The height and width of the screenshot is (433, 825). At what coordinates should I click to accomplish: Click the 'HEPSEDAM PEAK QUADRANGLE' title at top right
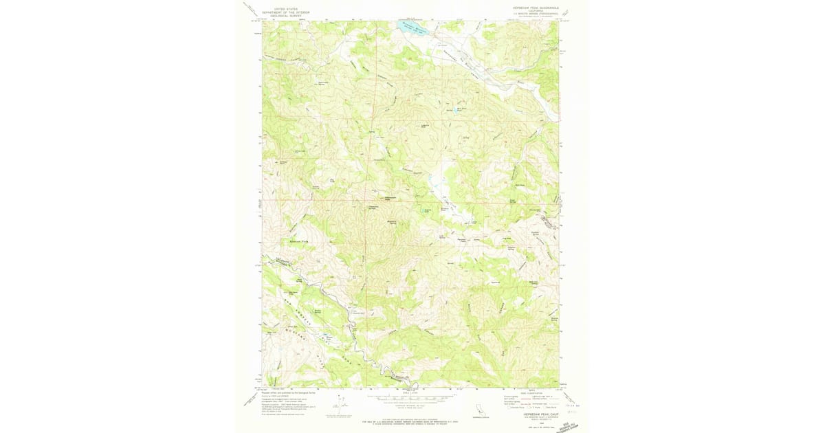pyautogui.click(x=536, y=8)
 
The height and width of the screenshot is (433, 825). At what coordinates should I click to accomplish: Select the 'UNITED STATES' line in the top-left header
pyautogui.click(x=287, y=8)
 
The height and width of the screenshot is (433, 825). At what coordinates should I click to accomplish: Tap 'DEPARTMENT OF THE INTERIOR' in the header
pyautogui.click(x=287, y=12)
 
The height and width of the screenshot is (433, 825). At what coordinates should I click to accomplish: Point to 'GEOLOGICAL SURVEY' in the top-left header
pyautogui.click(x=287, y=15)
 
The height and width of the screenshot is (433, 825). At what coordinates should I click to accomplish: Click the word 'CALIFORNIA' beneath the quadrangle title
pyautogui.click(x=536, y=12)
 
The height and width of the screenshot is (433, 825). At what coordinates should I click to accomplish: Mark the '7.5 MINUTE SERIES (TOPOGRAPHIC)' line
pyautogui.click(x=536, y=14)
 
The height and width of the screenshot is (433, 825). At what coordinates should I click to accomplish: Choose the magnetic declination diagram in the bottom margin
pyautogui.click(x=342, y=402)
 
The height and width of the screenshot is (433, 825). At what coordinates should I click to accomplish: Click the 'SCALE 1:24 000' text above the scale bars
pyautogui.click(x=410, y=392)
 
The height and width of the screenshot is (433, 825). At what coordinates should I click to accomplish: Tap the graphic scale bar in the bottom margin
pyautogui.click(x=410, y=398)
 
